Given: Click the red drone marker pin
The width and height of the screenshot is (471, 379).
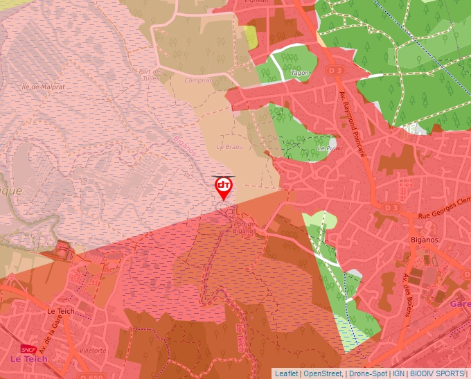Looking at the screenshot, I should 224,188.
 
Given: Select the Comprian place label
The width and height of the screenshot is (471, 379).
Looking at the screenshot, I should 198,80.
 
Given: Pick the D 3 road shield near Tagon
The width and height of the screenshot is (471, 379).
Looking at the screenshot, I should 335,70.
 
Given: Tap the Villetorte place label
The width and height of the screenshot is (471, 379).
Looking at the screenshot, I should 93,351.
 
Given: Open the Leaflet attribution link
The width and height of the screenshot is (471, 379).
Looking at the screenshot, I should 287,373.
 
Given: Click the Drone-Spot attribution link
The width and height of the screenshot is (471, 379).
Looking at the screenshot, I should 368,373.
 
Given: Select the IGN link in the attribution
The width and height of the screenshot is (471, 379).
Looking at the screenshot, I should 399,373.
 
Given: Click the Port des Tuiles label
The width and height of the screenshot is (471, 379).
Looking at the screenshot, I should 150,75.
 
